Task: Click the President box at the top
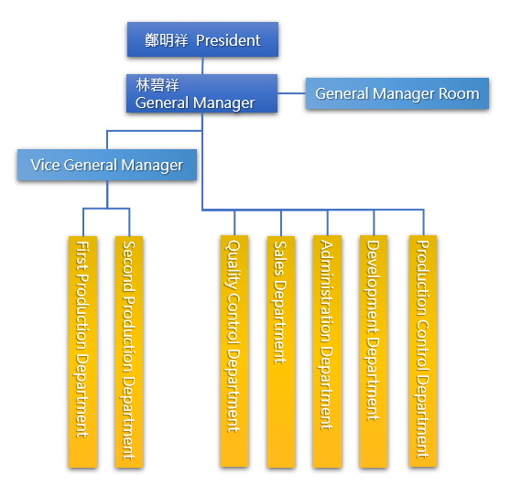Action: point(202,39)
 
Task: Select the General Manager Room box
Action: point(397,93)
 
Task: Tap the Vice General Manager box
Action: point(107,165)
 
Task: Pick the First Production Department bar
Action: point(82,352)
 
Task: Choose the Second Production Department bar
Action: point(129,352)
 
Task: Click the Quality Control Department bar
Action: point(234,351)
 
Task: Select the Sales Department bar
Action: point(281,352)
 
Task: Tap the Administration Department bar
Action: point(327,351)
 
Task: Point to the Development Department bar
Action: point(374,351)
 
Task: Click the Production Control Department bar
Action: point(423,351)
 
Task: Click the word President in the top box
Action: point(228,40)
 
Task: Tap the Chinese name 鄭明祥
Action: point(167,40)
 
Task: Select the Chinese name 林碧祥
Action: point(158,85)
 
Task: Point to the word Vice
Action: point(45,165)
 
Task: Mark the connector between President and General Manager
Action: point(202,66)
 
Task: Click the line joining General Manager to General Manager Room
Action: point(292,93)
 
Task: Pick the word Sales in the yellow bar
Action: point(280,258)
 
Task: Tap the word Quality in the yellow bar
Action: point(234,265)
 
